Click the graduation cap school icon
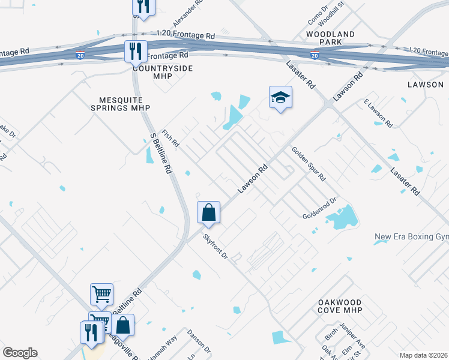tap(280, 97)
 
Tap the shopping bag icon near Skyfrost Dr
tap(208, 212)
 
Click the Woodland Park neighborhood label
tap(330, 39)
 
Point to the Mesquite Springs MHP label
tap(119, 103)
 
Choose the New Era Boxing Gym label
tap(411, 237)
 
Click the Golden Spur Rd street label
tap(309, 164)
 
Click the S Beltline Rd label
tap(160, 153)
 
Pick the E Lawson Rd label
tap(378, 114)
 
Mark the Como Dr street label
tap(316, 16)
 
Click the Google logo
tap(20, 353)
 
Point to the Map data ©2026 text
tap(424, 355)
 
